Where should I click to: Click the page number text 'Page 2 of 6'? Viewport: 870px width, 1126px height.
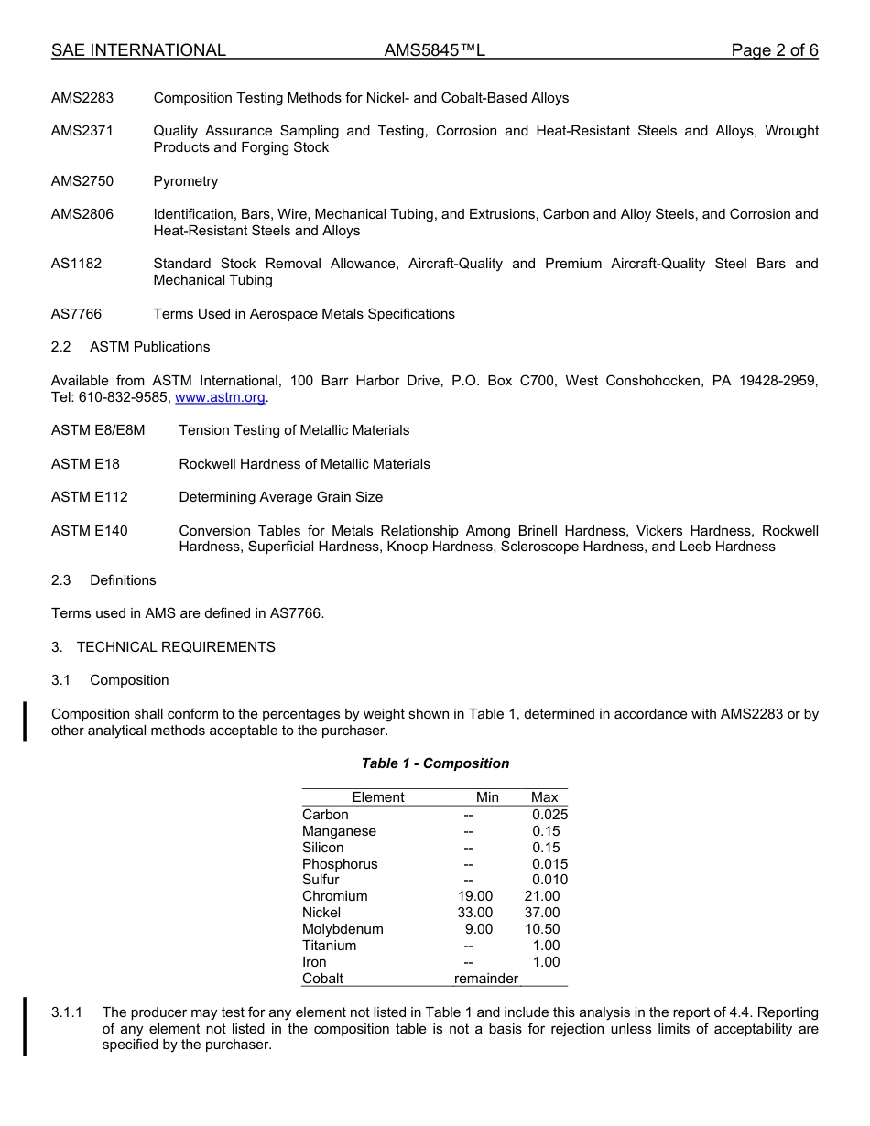point(774,50)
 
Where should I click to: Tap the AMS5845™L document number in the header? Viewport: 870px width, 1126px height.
point(434,50)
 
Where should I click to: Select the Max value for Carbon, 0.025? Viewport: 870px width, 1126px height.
point(549,815)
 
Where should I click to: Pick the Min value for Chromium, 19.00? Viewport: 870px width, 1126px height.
point(474,896)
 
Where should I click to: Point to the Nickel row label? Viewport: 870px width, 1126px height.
point(321,913)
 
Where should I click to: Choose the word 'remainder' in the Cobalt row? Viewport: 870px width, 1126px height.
point(485,979)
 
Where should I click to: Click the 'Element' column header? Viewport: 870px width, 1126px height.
point(377,797)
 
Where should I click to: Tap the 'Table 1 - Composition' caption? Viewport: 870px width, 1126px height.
point(435,763)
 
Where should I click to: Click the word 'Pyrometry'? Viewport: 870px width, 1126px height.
point(186,181)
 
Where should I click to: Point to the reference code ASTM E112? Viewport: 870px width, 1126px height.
point(90,497)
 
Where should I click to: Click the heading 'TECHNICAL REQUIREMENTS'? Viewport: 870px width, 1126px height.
point(176,647)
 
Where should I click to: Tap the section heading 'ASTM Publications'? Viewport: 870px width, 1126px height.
point(149,347)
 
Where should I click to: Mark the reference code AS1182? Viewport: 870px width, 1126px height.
point(77,264)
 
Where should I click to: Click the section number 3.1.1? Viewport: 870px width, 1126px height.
point(67,1012)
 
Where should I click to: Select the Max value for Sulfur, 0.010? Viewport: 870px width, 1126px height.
point(549,880)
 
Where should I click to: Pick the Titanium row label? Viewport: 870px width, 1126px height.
point(329,946)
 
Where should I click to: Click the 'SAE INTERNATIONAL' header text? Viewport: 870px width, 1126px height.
point(138,50)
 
